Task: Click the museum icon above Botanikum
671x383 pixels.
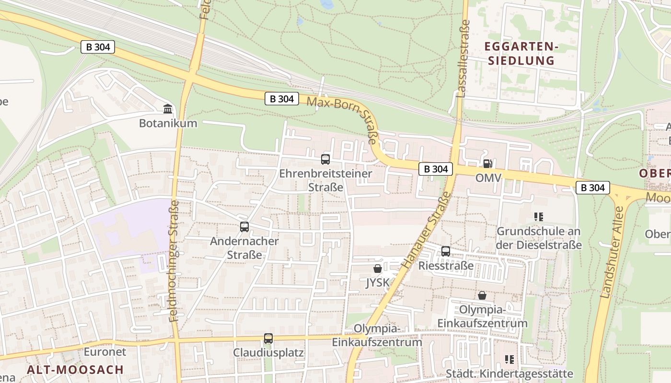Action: tap(168, 109)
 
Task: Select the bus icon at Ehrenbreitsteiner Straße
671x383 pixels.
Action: tap(325, 159)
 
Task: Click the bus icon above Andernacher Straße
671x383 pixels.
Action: tap(244, 227)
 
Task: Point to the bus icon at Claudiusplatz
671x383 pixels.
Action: tap(268, 338)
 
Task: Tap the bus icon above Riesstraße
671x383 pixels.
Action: tap(446, 251)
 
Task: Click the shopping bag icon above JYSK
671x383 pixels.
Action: tap(378, 269)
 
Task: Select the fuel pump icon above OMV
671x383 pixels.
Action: tap(487, 164)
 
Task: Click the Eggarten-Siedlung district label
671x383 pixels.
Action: tap(521, 54)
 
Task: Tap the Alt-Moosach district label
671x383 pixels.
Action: tap(75, 370)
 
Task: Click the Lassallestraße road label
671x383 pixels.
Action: tap(463, 58)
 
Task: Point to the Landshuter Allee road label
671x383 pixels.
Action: tap(613, 252)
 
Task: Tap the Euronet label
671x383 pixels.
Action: tap(105, 352)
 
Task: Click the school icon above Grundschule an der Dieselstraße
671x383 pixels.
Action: tap(538, 217)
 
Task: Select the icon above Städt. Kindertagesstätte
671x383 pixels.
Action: tap(509, 359)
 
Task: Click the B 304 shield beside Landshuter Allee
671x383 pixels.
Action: tap(592, 188)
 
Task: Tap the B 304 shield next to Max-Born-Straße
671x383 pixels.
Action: tap(281, 99)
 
